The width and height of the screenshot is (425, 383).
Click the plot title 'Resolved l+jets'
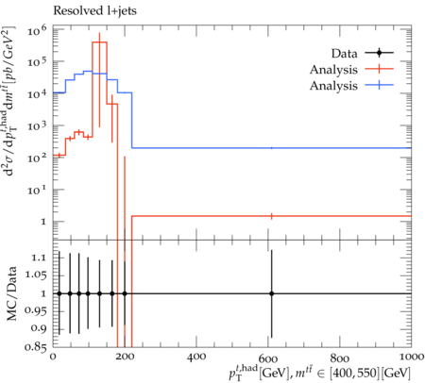pyautogui.click(x=94, y=11)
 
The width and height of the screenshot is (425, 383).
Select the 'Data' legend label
pyautogui.click(x=344, y=54)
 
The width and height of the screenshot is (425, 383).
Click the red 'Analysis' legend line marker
pyautogui.click(x=379, y=69)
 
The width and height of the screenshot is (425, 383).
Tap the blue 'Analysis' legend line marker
pyautogui.click(x=379, y=85)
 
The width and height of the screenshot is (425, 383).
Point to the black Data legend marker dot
pyautogui.click(x=379, y=53)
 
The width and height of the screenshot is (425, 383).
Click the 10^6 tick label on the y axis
pyautogui.click(x=37, y=30)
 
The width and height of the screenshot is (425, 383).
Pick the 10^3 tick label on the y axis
pyautogui.click(x=37, y=126)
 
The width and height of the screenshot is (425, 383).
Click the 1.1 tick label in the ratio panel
pyautogui.click(x=39, y=258)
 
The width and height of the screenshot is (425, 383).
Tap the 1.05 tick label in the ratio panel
pyautogui.click(x=35, y=275)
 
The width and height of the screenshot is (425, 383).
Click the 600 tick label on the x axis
pyautogui.click(x=268, y=358)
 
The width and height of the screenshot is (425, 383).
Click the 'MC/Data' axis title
pyautogui.click(x=12, y=293)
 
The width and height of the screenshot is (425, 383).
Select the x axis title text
pyautogui.click(x=320, y=373)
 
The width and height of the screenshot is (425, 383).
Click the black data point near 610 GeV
pyautogui.click(x=271, y=293)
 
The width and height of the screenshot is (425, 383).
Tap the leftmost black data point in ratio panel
pyautogui.click(x=59, y=293)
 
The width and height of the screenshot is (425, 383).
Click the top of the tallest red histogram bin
pyautogui.click(x=99, y=42)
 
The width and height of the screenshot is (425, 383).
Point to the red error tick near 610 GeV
pyautogui.click(x=271, y=216)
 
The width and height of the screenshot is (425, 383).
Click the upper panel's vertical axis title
pyautogui.click(x=12, y=101)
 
